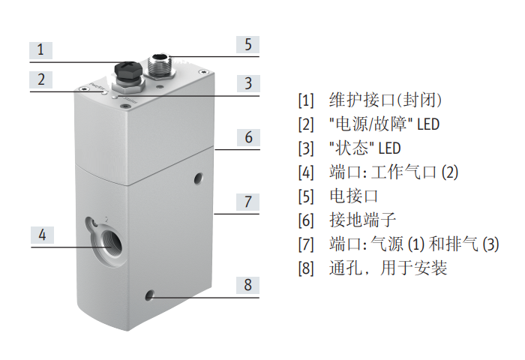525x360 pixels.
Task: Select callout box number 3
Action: (248, 83)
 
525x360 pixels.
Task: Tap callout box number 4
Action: (42, 235)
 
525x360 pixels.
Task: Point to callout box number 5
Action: (248, 43)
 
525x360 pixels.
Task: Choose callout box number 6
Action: (248, 137)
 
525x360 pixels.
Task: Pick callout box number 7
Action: (248, 202)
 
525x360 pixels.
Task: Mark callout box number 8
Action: (248, 285)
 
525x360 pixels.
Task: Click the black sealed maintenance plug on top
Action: (124, 71)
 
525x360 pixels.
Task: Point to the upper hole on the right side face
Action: (199, 178)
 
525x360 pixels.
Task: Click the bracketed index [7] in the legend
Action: (305, 244)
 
